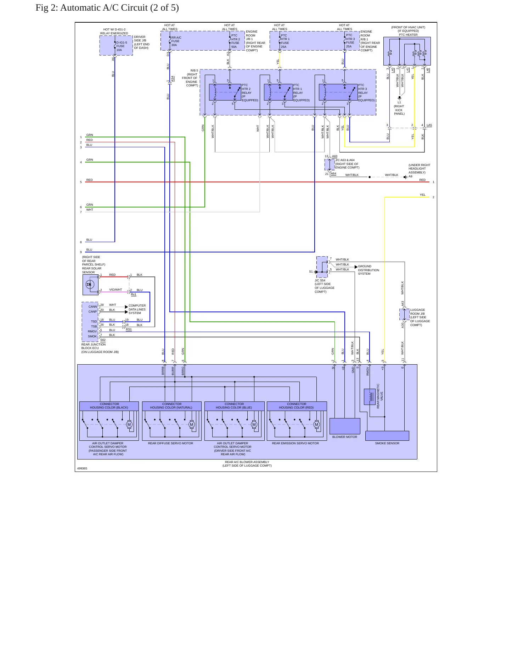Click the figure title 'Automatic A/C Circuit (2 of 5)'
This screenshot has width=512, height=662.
119,8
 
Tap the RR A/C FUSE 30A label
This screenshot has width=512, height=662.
176,41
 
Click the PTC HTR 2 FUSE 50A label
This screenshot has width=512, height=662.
236,41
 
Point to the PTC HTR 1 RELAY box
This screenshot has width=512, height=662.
278,92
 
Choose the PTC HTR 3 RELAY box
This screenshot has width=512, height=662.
338,92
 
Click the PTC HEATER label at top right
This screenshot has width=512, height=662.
408,35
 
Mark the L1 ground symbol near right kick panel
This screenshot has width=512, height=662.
399,97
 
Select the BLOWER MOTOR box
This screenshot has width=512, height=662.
345,426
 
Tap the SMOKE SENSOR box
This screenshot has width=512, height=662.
387,435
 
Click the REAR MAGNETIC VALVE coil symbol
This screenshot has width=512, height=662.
370,397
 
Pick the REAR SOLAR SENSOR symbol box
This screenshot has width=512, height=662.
90,285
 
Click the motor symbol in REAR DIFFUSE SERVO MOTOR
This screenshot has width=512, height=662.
192,424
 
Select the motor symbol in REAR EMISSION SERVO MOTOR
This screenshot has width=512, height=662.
316,424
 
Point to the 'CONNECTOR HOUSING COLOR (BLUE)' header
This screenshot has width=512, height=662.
234,406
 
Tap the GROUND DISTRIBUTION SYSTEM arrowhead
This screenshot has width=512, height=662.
356,267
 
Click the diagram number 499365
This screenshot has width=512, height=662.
82,468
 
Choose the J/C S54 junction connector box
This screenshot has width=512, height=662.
322,267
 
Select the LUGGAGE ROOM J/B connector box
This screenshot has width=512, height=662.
404,314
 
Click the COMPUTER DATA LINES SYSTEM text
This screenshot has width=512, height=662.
137,309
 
